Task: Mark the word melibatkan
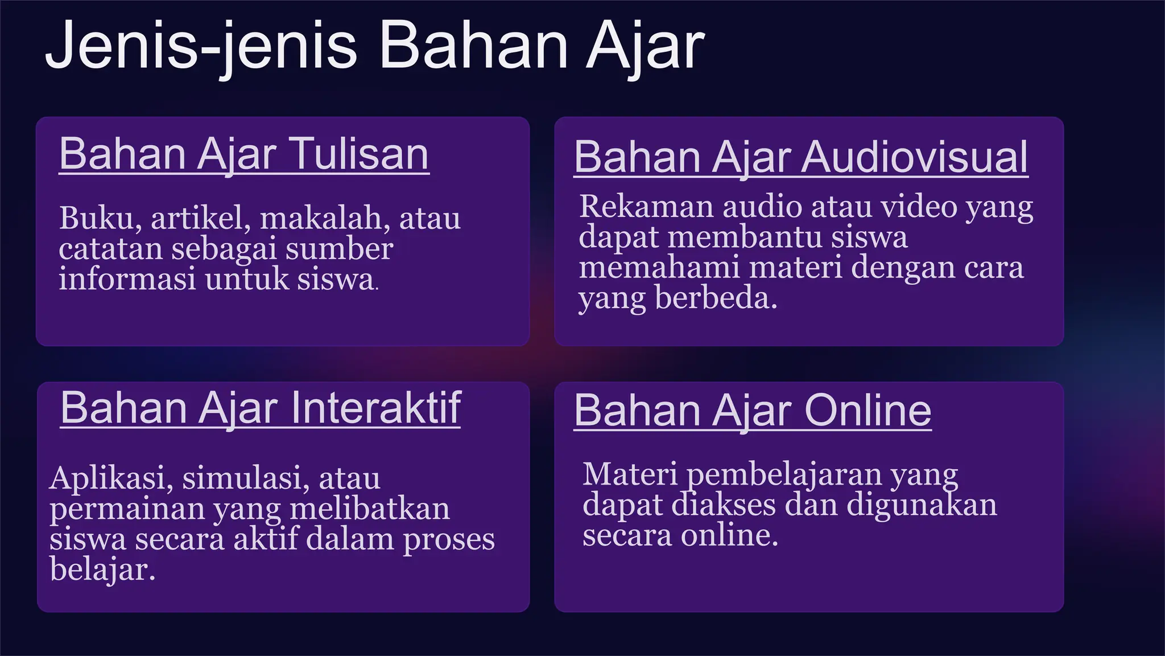(x=370, y=509)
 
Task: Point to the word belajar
(x=102, y=569)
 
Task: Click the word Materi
(x=630, y=474)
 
